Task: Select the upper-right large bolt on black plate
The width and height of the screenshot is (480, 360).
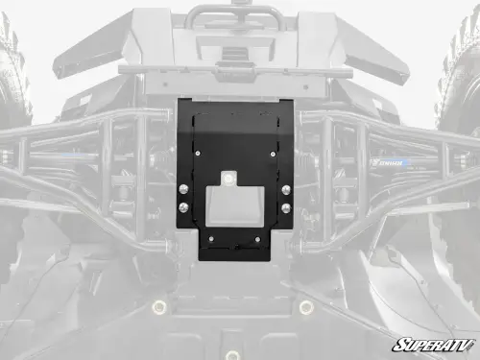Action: [x=285, y=188]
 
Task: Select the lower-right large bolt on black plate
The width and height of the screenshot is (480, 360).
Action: [x=285, y=207]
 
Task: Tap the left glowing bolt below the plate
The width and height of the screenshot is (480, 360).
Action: [x=159, y=307]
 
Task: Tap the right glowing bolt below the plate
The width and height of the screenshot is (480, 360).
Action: [x=305, y=307]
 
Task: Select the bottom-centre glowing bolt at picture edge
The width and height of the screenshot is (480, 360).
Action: [x=232, y=355]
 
